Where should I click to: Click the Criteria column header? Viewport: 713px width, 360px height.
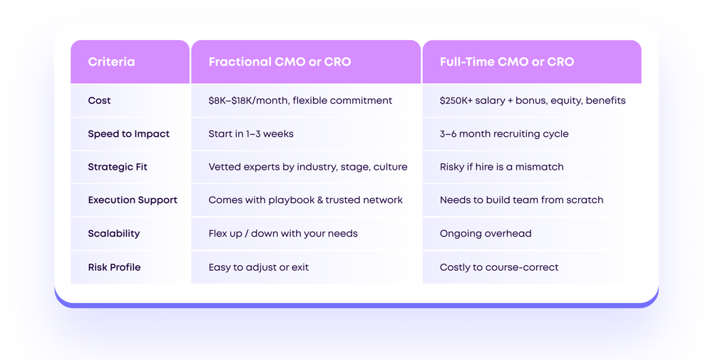pyautogui.click(x=111, y=62)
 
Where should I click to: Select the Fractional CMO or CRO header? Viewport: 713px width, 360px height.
pyautogui.click(x=279, y=62)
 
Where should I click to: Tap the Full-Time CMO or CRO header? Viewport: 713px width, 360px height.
pyautogui.click(x=506, y=62)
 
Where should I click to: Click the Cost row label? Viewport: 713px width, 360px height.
pyautogui.click(x=99, y=101)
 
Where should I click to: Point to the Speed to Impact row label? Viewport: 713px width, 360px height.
pyautogui.click(x=128, y=134)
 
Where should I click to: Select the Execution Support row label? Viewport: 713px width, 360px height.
pyautogui.click(x=133, y=200)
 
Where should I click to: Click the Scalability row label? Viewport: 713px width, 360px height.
pyautogui.click(x=114, y=234)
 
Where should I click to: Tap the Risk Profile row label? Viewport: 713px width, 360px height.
pyautogui.click(x=114, y=267)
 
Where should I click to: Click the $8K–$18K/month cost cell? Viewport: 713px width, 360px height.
pyautogui.click(x=300, y=101)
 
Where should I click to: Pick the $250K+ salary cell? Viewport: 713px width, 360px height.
pyautogui.click(x=533, y=101)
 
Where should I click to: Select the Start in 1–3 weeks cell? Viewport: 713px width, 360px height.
pyautogui.click(x=251, y=134)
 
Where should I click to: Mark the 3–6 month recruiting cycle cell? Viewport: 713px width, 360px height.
pyautogui.click(x=504, y=134)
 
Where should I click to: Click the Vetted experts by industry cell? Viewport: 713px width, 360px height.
pyautogui.click(x=308, y=167)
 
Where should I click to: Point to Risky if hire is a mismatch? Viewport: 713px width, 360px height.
pyautogui.click(x=502, y=167)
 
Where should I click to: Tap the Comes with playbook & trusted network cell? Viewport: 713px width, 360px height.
pyautogui.click(x=305, y=200)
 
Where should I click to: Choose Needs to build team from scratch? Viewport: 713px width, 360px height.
pyautogui.click(x=521, y=200)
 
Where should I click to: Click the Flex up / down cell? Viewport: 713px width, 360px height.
pyautogui.click(x=283, y=234)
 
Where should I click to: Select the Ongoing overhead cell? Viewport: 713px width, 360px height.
pyautogui.click(x=486, y=234)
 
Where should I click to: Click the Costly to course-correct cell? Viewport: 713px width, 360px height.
pyautogui.click(x=499, y=267)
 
